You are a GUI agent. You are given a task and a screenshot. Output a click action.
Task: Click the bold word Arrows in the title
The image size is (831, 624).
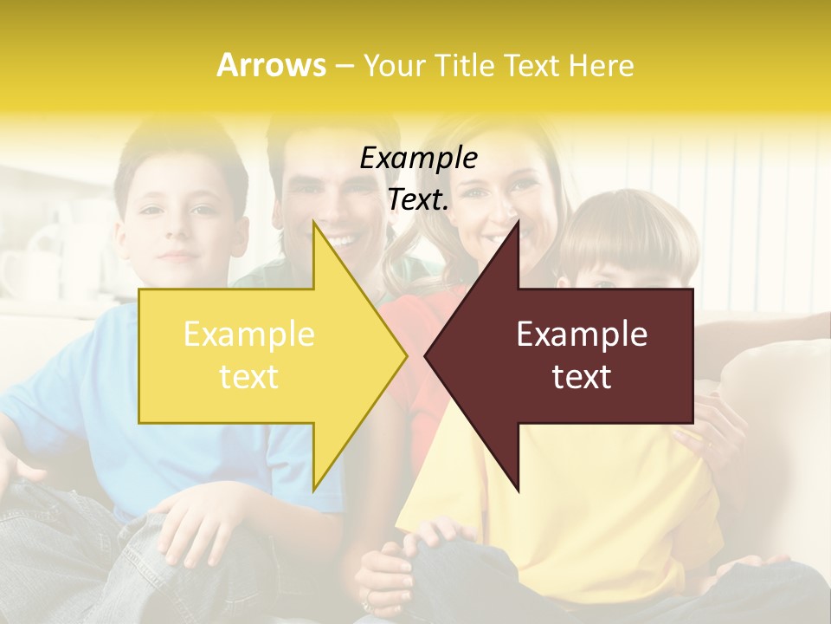click(271, 65)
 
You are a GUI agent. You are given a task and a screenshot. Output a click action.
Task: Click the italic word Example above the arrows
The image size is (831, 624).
click(418, 159)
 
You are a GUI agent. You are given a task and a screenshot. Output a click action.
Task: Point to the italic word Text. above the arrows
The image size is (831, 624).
click(418, 199)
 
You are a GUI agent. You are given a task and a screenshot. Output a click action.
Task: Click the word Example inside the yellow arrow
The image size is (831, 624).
click(249, 335)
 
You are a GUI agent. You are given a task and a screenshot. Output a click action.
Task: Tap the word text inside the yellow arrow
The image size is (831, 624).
click(249, 377)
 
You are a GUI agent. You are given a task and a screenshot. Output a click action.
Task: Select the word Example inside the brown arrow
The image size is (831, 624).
click(582, 335)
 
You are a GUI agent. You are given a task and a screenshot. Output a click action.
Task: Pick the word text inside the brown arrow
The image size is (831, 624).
click(582, 377)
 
